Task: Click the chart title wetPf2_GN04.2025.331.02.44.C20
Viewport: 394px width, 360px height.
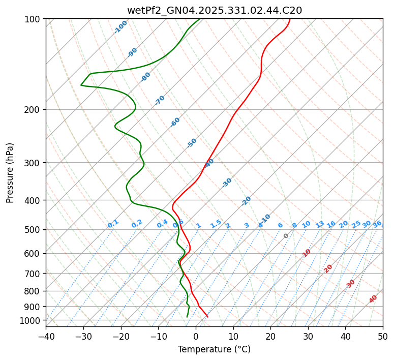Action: (x=214, y=10)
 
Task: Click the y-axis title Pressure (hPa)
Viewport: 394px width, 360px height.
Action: (x=10, y=173)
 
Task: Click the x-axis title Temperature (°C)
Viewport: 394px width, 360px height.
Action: (x=214, y=350)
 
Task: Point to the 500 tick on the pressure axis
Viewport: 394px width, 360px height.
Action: (x=34, y=229)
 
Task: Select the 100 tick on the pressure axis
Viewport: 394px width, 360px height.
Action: (x=34, y=19)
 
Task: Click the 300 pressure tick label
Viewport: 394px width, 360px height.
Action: (x=34, y=163)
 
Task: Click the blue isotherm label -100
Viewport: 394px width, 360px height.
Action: (x=120, y=27)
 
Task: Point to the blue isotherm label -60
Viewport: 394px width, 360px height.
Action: (x=175, y=122)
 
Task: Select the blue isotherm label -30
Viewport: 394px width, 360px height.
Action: (x=227, y=182)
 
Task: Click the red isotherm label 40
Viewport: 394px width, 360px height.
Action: (x=373, y=299)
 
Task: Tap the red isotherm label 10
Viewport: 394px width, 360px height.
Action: (x=307, y=253)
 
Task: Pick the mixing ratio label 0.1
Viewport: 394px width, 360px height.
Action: (x=113, y=224)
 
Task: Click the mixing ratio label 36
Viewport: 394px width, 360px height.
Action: (x=377, y=224)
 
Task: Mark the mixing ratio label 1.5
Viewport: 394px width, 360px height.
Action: (x=216, y=223)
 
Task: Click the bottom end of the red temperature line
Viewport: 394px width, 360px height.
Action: (x=207, y=317)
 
